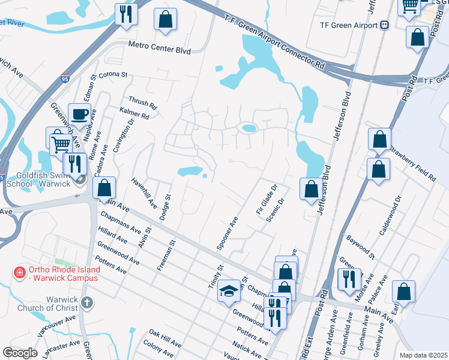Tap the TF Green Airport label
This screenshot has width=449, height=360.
[344, 25]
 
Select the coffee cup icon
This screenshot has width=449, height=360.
[79, 113]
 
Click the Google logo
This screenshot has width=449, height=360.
[20, 352]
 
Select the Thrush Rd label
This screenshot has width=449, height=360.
[142, 104]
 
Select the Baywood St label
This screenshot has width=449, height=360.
[360, 247]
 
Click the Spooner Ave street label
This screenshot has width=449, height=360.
[227, 233]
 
